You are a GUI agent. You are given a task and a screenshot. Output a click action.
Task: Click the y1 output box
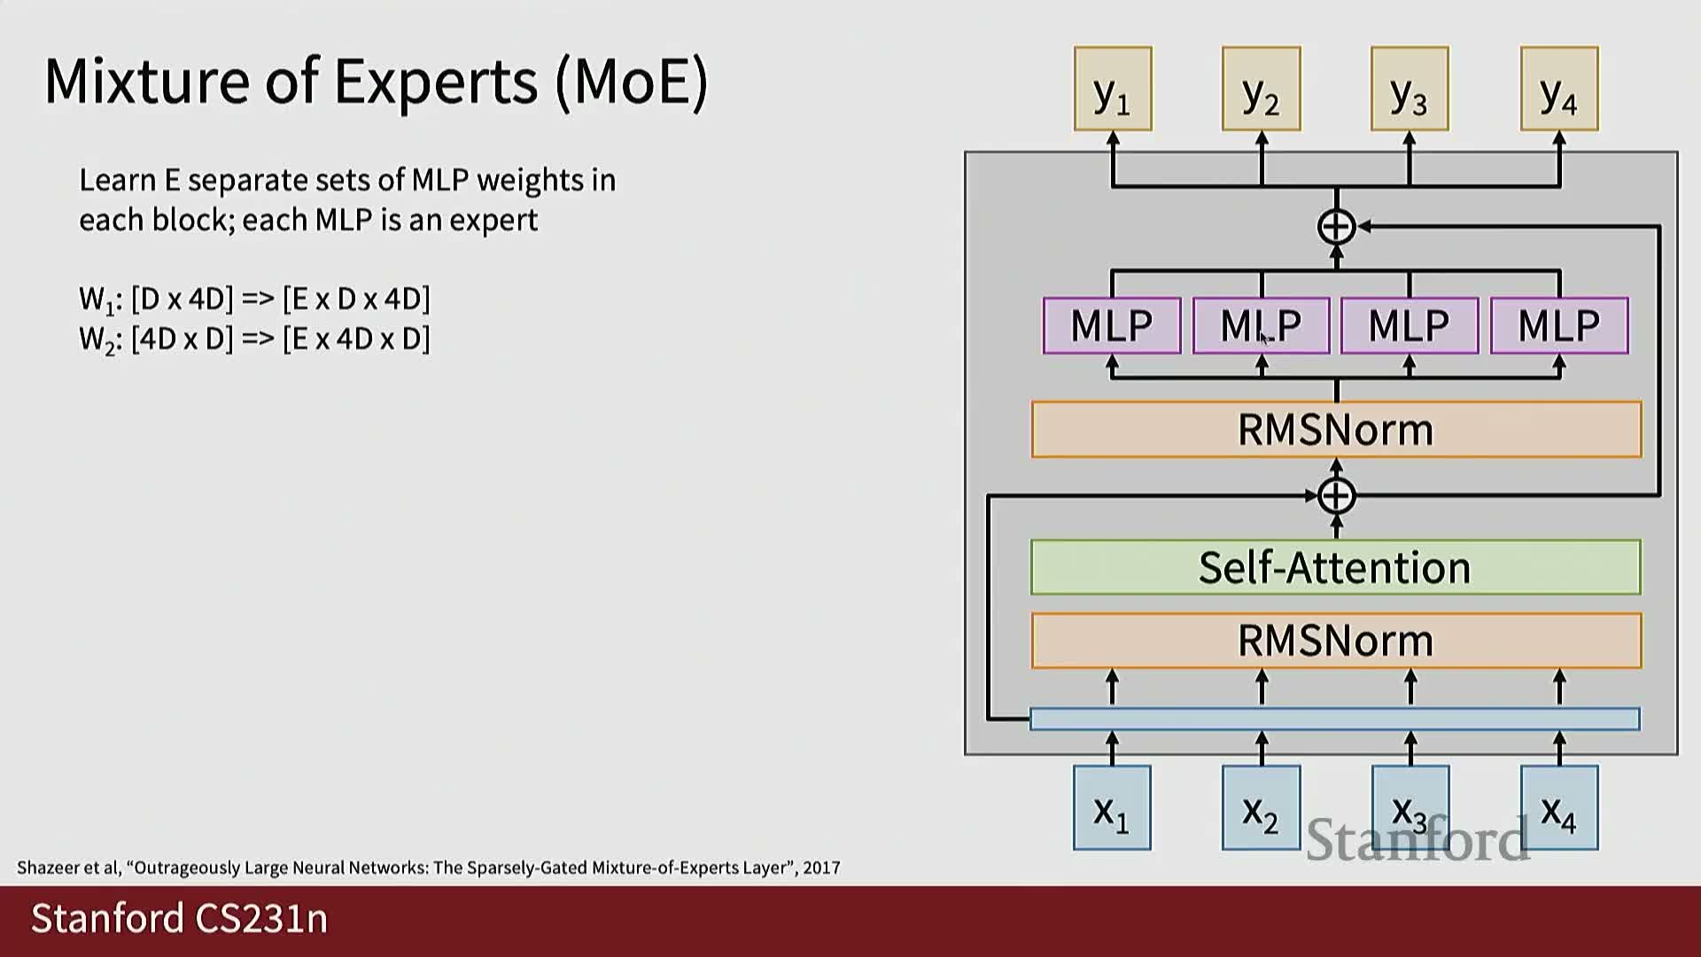1113,89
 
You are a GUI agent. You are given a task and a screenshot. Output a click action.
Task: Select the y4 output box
1559,89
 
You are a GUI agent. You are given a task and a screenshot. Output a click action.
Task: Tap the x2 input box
1261,808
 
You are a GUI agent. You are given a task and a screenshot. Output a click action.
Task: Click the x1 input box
1112,808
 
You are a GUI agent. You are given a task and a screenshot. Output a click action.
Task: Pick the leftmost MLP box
1112,326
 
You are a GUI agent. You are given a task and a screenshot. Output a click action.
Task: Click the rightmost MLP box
1559,326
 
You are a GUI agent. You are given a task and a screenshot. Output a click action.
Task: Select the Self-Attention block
1335,567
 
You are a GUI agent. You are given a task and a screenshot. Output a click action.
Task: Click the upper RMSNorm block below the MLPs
1335,430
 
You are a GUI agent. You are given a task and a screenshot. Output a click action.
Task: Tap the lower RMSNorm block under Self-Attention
1335,640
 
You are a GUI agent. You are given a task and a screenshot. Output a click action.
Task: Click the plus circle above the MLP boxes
1336,227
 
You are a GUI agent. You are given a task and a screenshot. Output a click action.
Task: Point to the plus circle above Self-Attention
1336,495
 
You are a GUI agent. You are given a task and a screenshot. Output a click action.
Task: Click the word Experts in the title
436,82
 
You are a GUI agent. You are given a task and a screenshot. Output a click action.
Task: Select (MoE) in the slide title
633,82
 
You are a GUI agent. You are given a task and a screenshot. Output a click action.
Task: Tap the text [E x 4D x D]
356,338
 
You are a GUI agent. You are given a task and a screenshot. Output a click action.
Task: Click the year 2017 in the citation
821,868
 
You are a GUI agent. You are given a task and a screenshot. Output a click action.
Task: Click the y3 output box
1410,89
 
